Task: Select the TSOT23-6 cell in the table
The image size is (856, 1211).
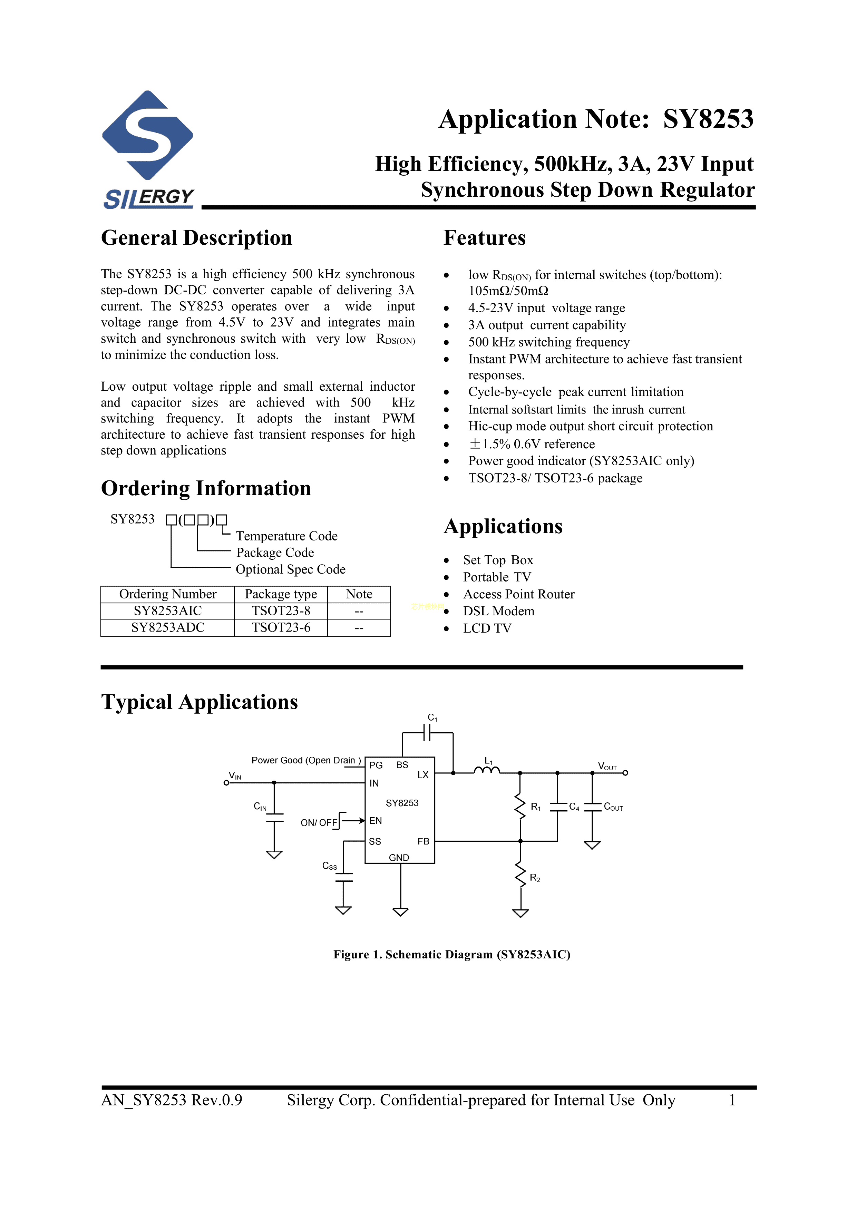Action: pyautogui.click(x=281, y=628)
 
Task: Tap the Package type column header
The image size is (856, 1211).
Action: pyautogui.click(x=281, y=594)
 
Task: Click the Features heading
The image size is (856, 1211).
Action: pyautogui.click(x=484, y=238)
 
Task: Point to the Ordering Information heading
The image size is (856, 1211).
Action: pyautogui.click(x=206, y=488)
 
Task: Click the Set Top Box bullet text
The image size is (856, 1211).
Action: pyautogui.click(x=498, y=560)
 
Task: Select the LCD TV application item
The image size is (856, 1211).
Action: pyautogui.click(x=487, y=628)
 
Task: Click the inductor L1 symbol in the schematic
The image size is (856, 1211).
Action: pyautogui.click(x=486, y=771)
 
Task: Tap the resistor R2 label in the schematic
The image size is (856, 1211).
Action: pyautogui.click(x=535, y=878)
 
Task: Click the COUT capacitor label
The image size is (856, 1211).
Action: pyautogui.click(x=613, y=807)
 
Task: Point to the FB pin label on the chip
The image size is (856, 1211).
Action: pyautogui.click(x=423, y=841)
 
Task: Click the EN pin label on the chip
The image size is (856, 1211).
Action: pyautogui.click(x=376, y=821)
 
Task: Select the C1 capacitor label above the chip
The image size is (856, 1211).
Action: pyautogui.click(x=432, y=718)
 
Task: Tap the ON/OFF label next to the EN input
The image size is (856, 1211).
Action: pyautogui.click(x=319, y=823)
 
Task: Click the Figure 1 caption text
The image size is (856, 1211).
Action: pyautogui.click(x=451, y=955)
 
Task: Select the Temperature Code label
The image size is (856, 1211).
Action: pyautogui.click(x=286, y=536)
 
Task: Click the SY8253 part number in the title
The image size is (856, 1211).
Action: pyautogui.click(x=708, y=119)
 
